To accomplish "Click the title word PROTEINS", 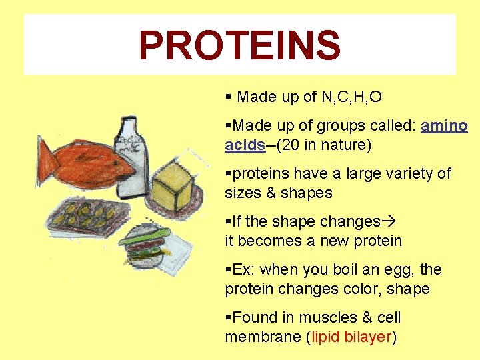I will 239,45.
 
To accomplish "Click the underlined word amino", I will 444,126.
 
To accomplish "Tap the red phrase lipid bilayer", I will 351,337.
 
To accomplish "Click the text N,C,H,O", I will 351,97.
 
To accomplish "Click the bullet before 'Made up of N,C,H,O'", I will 229,97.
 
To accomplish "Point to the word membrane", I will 263,337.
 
